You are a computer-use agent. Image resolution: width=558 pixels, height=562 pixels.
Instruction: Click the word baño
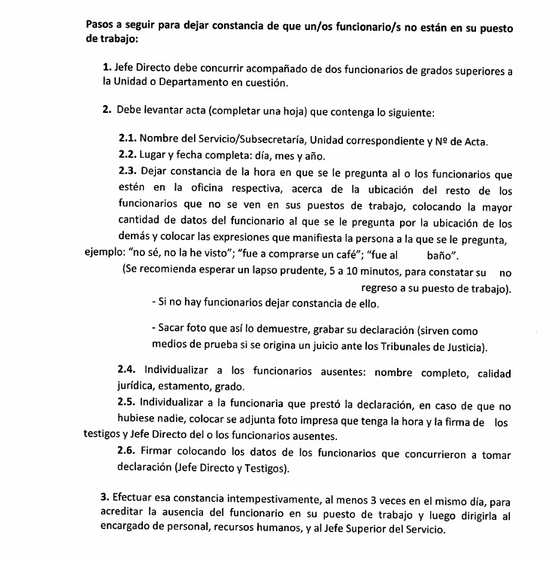coord(429,255)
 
